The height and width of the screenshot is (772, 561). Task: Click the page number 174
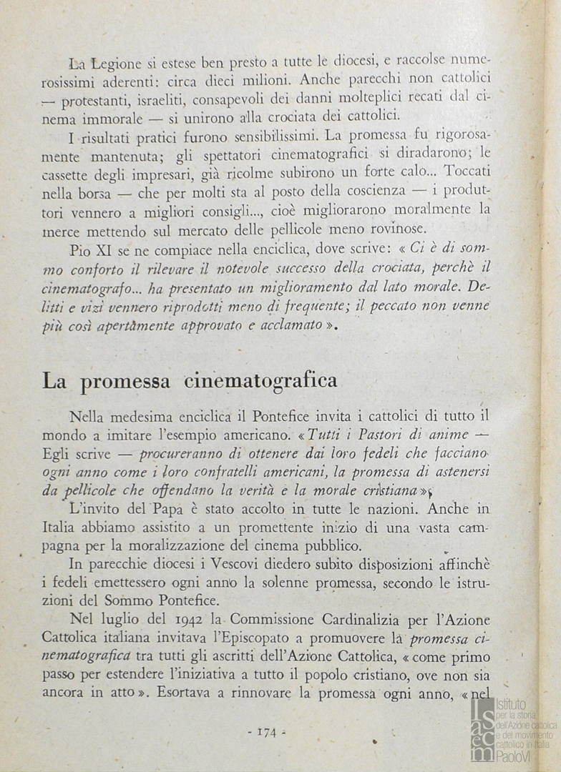click(x=266, y=731)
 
